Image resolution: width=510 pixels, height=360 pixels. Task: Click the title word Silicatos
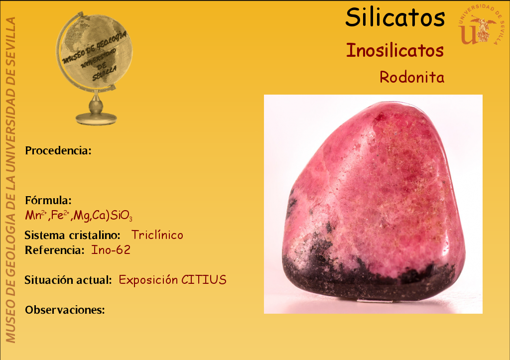(395, 17)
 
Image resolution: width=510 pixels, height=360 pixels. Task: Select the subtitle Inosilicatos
(395, 50)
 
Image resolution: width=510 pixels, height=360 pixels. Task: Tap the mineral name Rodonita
(412, 77)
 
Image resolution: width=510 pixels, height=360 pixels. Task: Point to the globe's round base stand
(96, 119)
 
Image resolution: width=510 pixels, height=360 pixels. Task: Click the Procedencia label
(58, 150)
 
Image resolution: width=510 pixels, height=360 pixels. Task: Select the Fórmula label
(48, 200)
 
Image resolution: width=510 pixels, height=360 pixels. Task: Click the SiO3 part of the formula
(122, 216)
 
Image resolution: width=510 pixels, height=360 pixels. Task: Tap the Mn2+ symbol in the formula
(36, 215)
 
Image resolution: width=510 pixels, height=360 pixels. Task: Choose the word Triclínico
(157, 235)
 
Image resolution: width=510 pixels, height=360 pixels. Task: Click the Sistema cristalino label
(73, 235)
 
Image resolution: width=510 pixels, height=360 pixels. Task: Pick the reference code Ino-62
(111, 250)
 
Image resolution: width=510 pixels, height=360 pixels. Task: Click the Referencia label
(55, 250)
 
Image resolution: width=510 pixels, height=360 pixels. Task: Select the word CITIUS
(204, 280)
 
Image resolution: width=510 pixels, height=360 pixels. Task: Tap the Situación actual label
(68, 280)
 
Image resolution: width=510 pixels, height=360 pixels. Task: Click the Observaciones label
(65, 310)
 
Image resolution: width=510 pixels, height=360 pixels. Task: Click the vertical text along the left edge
(10, 180)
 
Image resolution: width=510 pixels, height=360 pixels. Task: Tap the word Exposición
(148, 280)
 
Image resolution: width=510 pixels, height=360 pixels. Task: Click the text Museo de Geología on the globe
(94, 47)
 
